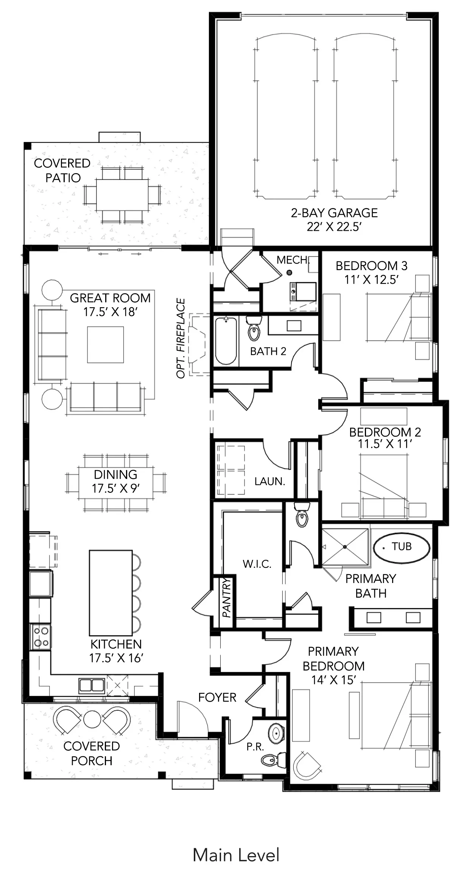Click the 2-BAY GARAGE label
point(334,213)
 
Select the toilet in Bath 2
point(254,328)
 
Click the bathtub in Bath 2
point(226,341)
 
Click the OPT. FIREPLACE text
point(181,338)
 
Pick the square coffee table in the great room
point(106,345)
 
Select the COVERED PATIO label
point(62,170)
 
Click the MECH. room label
point(293,260)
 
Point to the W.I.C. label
point(257,564)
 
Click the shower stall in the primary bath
point(345,547)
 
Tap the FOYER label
point(217,697)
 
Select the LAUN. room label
point(269,481)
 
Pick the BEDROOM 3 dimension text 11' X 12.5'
point(371,280)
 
